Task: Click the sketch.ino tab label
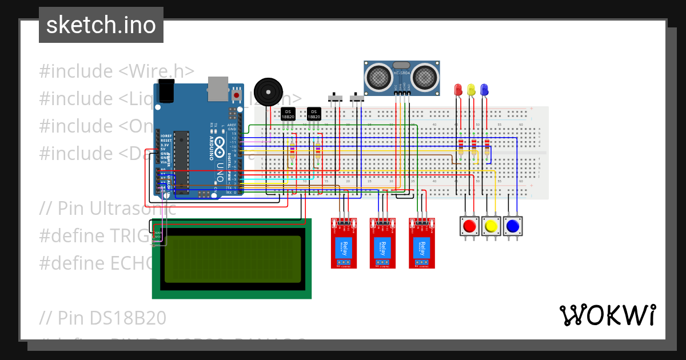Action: (x=101, y=25)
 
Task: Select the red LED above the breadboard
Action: (x=458, y=90)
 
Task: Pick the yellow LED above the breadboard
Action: (x=471, y=90)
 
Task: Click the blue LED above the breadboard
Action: (x=484, y=90)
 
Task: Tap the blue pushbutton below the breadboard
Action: (x=512, y=226)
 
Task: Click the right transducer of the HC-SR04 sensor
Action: (x=425, y=75)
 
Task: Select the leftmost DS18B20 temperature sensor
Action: (x=288, y=114)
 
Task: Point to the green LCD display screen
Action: (x=232, y=258)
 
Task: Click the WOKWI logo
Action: (x=607, y=315)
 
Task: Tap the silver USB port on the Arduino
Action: (x=217, y=86)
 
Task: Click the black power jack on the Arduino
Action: (x=165, y=91)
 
